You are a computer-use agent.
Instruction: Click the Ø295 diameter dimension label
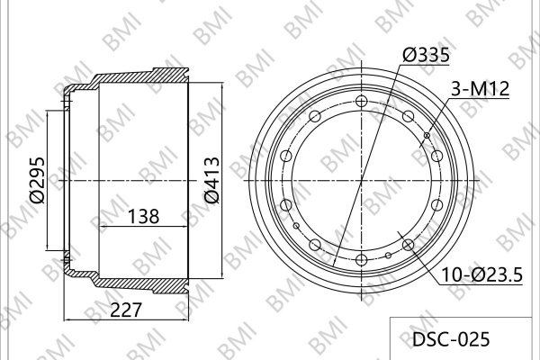37,180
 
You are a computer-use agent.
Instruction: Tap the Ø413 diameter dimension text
211,180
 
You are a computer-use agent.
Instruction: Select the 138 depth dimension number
144,217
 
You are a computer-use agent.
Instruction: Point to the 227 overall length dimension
126,310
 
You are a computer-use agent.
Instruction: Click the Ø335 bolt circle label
426,55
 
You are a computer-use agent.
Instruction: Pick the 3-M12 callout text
481,89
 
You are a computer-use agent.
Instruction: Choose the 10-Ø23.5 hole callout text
482,274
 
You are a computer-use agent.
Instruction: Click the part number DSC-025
451,339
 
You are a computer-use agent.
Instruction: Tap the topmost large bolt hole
361,101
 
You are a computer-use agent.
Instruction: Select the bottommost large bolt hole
361,259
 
